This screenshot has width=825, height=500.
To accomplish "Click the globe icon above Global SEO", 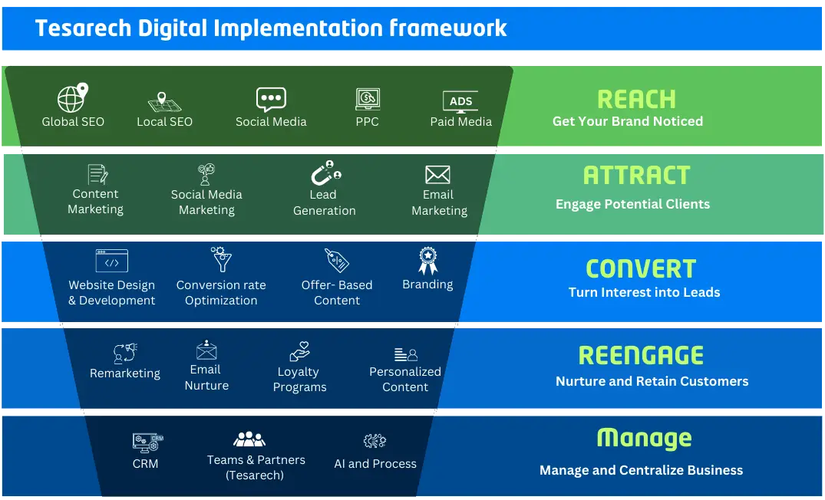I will tap(73, 98).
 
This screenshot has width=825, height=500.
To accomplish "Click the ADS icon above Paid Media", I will tap(460, 101).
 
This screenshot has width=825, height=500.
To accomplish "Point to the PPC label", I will tap(367, 122).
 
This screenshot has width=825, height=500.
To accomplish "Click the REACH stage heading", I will tap(636, 99).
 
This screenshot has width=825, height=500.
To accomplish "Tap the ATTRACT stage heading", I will tap(636, 176).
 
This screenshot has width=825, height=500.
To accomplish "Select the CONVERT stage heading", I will tap(641, 268).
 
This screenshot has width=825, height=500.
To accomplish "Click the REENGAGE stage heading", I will tap(641, 356).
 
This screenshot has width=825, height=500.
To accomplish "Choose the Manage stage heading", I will tap(644, 438).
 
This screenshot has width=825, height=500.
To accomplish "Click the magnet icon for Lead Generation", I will tap(324, 173).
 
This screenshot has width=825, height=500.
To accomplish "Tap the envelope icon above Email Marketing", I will tap(437, 174).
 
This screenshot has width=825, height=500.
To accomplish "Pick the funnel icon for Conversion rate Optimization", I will tap(221, 260).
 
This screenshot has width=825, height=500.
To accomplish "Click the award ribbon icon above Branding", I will tap(427, 261).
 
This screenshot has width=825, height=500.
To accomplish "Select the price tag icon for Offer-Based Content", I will tap(336, 261).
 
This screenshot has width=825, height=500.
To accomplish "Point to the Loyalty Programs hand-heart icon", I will tap(299, 351).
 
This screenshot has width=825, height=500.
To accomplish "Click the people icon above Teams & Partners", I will tap(249, 439).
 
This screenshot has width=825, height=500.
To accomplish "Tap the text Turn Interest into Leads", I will tap(644, 292).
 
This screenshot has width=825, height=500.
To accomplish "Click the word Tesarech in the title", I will tap(82, 28).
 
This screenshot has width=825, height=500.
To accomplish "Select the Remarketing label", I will tap(125, 373).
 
